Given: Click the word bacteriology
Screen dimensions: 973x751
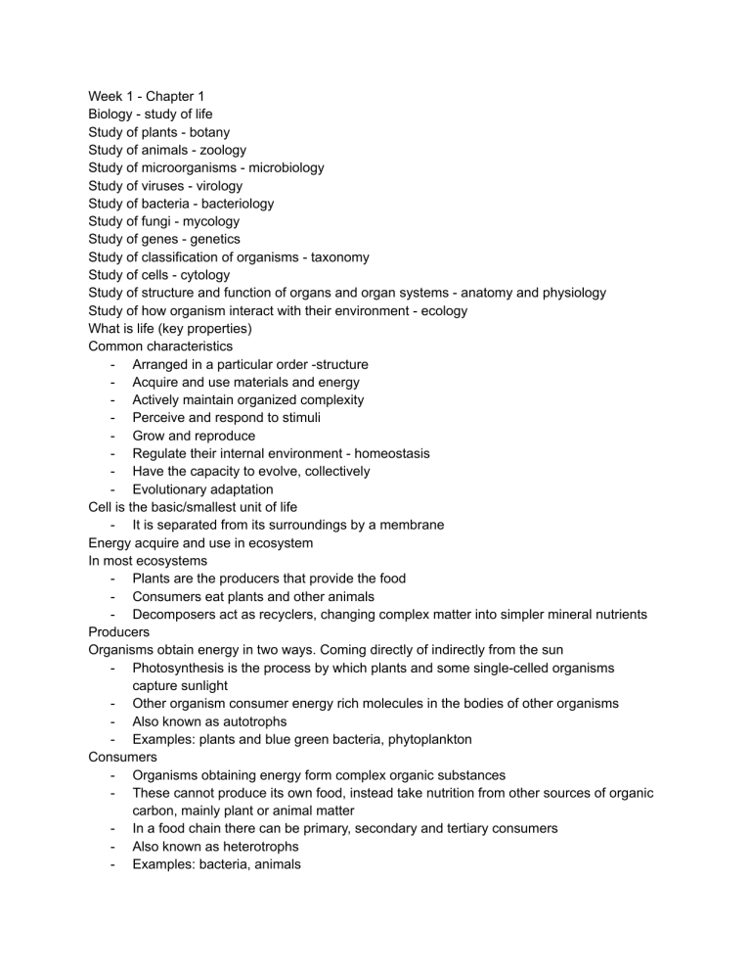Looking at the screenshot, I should click(238, 204).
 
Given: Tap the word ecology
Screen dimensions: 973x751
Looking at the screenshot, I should click(438, 311).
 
